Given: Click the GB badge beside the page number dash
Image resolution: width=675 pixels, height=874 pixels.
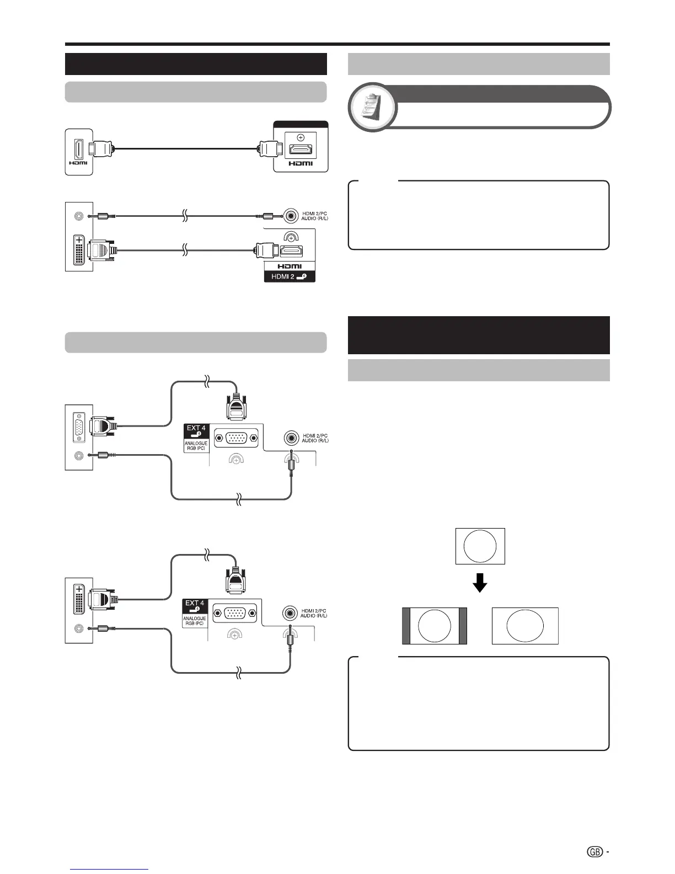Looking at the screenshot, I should coord(594,852).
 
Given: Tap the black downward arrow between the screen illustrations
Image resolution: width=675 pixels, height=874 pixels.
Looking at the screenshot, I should coord(480,582).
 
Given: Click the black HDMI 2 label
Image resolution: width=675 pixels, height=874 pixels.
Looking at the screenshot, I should coord(290,276).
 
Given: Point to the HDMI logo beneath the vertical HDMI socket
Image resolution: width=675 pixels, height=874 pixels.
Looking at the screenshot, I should coord(78,162).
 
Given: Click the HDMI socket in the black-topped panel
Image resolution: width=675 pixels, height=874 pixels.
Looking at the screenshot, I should coord(301,150).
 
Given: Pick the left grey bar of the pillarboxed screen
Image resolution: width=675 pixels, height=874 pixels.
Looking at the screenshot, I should coord(406,626).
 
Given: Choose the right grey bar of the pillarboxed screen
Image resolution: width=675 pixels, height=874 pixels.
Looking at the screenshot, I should coord(463,626).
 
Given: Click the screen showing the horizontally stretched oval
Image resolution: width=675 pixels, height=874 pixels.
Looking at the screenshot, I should coord(525,626).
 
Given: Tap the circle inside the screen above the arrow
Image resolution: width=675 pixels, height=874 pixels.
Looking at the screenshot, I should coord(480,546).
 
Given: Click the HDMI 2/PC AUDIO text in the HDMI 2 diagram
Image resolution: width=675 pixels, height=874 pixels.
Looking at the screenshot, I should coord(314,216).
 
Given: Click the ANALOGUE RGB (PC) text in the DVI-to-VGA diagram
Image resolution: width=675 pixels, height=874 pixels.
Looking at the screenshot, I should coord(195,621).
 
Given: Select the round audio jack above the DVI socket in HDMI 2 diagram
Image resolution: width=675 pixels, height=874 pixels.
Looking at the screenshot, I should coord(79,216).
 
